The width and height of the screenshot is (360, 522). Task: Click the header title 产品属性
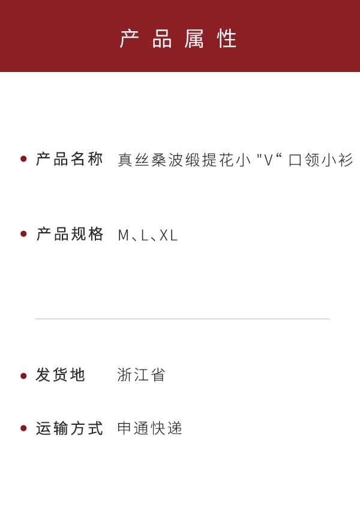pos(179,39)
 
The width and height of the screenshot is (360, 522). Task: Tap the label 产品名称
pos(70,159)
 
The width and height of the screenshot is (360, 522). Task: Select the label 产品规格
pos(70,234)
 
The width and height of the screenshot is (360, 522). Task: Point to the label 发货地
pos(61,375)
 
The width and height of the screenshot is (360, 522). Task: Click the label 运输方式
pos(70,428)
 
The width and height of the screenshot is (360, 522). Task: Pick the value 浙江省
pos(141,375)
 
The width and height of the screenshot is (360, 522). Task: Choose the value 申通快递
pos(149,428)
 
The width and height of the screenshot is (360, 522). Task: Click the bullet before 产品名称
pos(23,159)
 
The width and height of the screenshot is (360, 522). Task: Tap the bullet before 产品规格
pos(23,234)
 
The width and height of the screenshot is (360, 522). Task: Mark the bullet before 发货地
pos(23,376)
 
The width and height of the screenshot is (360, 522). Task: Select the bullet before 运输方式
pos(23,428)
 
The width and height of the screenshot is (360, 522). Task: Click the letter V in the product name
pos(269,160)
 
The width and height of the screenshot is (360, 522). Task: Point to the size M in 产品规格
pos(124,235)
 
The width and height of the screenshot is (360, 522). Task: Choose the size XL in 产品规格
pos(169,235)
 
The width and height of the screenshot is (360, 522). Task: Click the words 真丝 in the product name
pos(134,160)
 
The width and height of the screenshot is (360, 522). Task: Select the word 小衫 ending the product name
pos(337,160)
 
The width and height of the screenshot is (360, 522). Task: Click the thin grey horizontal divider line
pos(182,319)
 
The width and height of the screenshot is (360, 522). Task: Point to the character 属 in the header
pos(196,39)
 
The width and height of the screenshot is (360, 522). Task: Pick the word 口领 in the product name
pos(304,160)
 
